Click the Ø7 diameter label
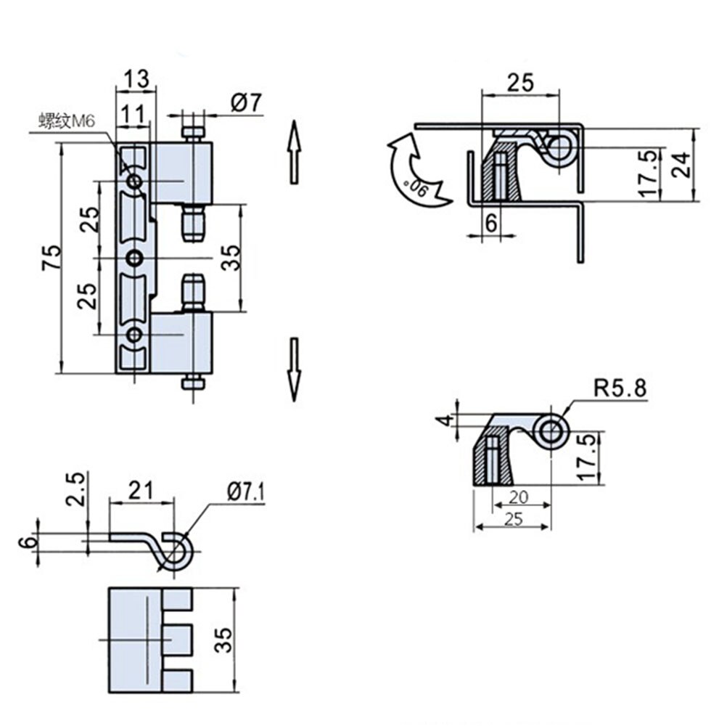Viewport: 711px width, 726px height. tap(246, 103)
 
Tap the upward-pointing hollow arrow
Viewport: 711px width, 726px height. tap(294, 152)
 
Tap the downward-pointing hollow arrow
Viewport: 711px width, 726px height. tap(294, 369)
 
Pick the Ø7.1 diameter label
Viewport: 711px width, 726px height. tap(245, 493)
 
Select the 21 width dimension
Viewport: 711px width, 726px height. tap(141, 490)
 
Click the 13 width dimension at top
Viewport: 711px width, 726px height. tap(136, 78)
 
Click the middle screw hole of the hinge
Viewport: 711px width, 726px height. tap(135, 257)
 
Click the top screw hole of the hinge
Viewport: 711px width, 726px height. tap(135, 181)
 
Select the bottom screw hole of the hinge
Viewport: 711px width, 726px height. tap(135, 334)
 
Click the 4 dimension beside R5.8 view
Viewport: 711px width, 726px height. tap(448, 420)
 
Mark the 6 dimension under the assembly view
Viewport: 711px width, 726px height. tap(491, 224)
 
